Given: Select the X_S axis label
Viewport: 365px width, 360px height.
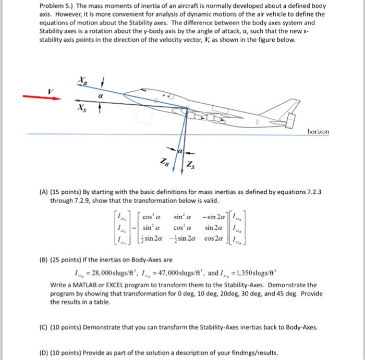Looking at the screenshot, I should (x=81, y=107).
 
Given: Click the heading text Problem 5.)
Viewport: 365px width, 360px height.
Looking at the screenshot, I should (x=56, y=6).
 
